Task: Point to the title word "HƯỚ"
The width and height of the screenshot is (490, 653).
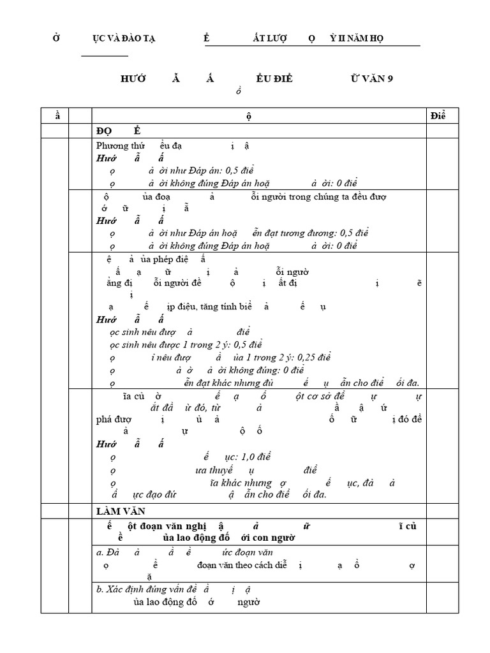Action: pos(133,78)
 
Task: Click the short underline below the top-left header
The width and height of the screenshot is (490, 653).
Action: pos(105,56)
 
